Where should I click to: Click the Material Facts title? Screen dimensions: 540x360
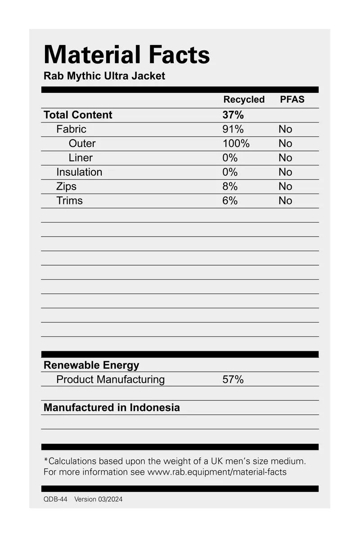coord(126,55)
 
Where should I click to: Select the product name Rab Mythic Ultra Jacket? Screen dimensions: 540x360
coord(104,76)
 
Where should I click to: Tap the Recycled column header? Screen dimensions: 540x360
coord(244,100)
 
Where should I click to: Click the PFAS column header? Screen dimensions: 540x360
coord(292,100)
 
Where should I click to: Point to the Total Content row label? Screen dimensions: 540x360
coord(78,115)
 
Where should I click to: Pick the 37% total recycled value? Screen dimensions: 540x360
coord(233,115)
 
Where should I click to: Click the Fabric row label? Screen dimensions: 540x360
coord(71,129)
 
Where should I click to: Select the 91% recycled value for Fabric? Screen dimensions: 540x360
coord(233,129)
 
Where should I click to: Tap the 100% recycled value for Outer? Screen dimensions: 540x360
coord(236,144)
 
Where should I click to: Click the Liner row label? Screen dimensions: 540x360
coord(81,158)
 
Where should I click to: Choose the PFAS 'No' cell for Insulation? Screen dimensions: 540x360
coord(285,172)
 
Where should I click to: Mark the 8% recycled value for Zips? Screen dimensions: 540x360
coord(229,186)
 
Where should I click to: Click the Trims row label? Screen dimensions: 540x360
coord(69,201)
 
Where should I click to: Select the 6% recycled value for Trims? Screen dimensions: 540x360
coord(229,201)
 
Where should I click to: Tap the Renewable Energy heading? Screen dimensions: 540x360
coord(91,365)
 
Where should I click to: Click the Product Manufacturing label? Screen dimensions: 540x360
coord(110,380)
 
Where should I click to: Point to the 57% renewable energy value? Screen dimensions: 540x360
coord(233,380)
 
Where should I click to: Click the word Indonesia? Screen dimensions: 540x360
coord(155,408)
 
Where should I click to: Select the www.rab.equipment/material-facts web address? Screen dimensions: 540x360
coord(217,472)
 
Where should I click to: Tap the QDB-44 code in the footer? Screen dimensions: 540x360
coord(55,499)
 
